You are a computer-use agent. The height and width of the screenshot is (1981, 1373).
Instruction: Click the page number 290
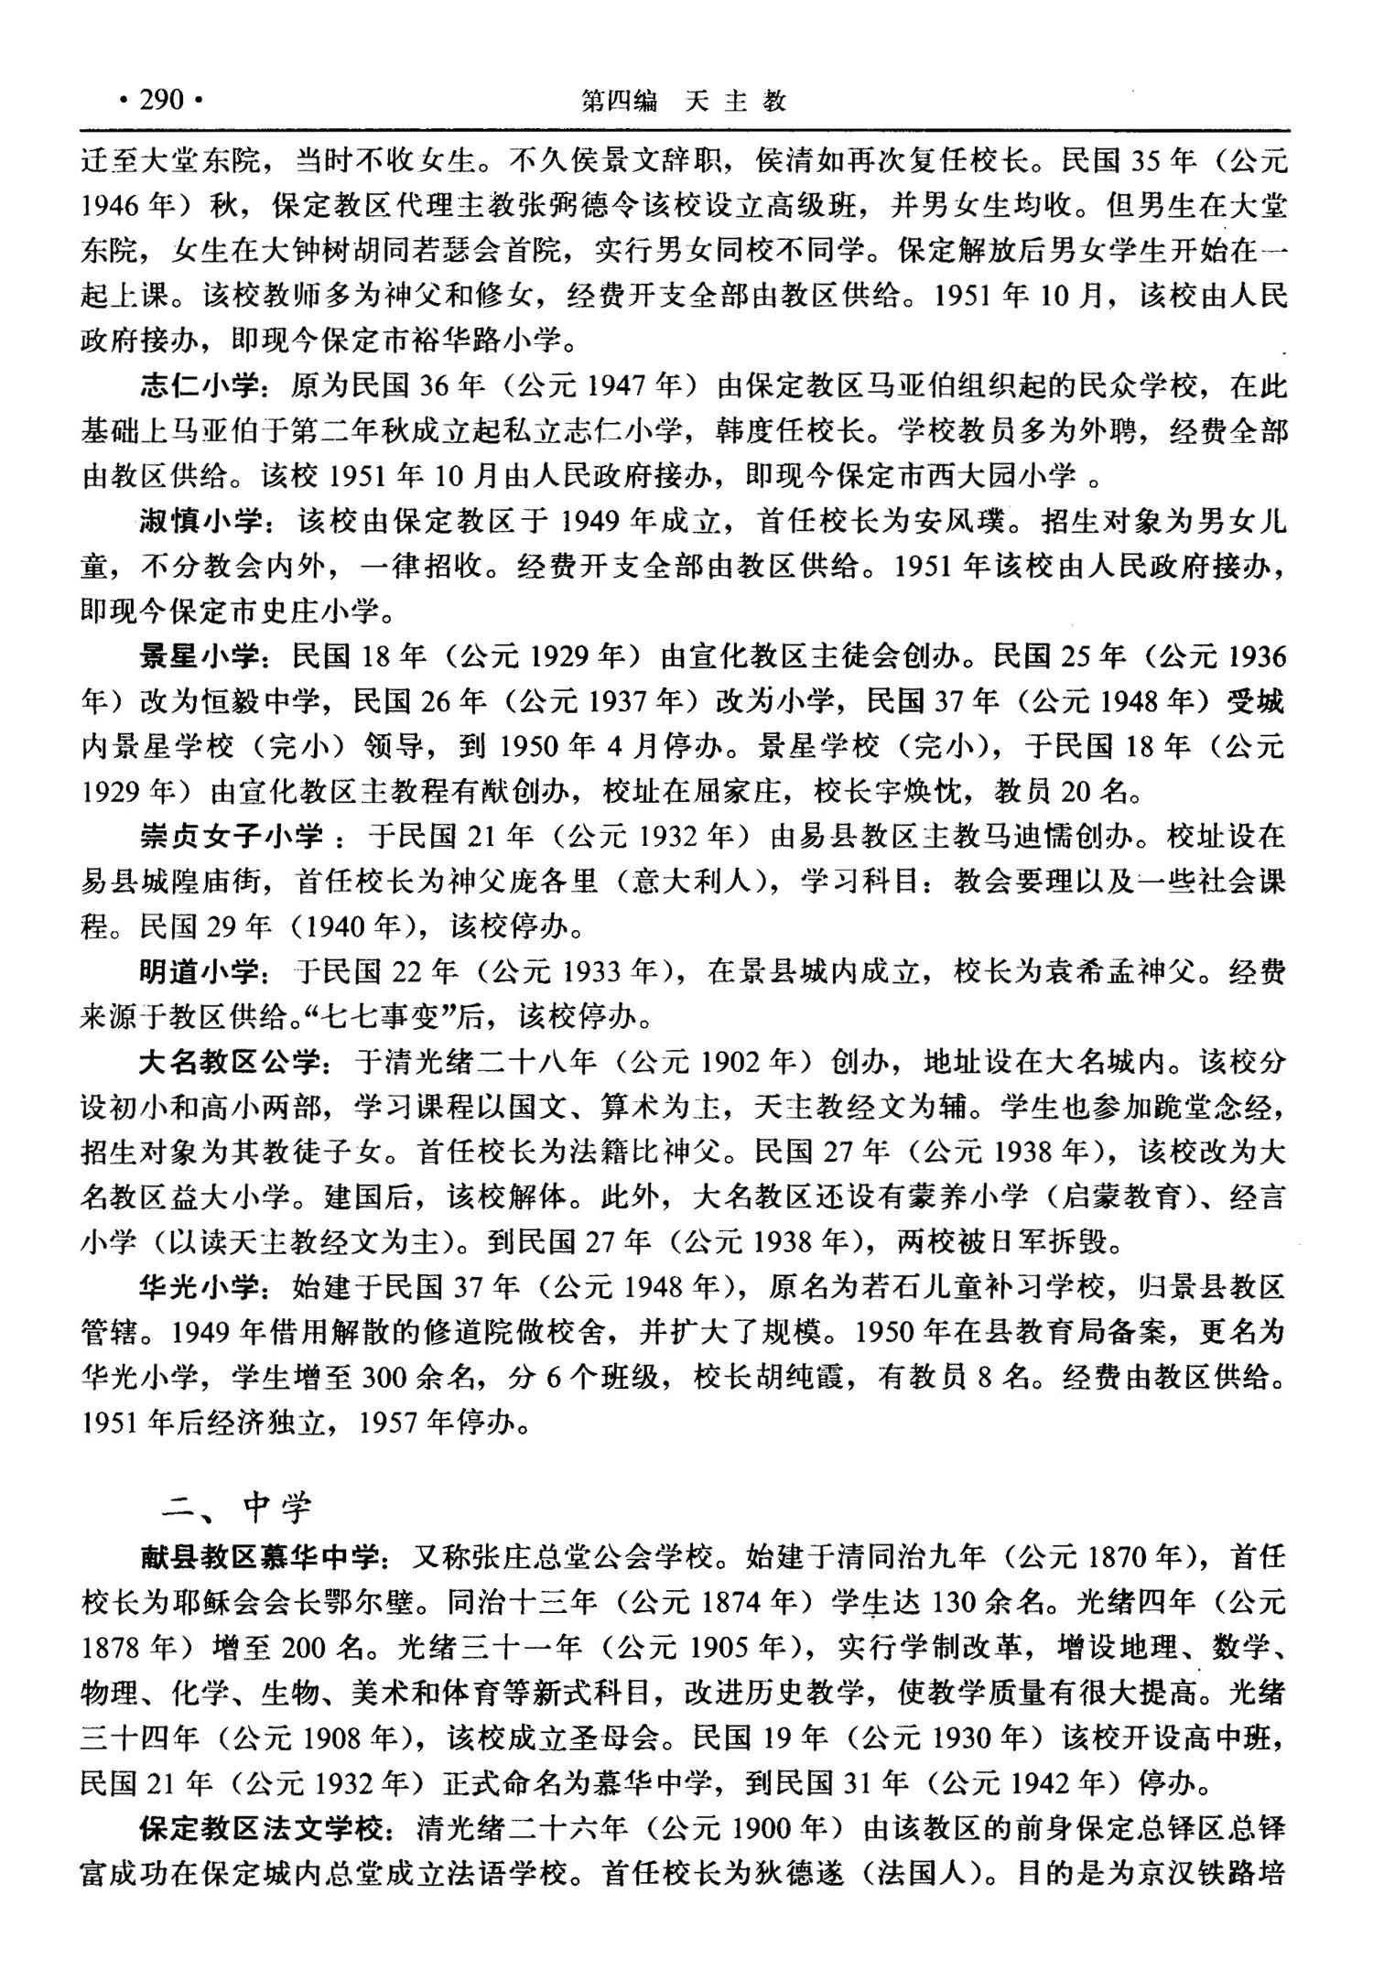(162, 99)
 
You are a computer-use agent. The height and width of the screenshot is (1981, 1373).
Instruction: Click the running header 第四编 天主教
(684, 100)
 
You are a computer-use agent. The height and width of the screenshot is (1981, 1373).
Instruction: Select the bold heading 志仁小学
(199, 386)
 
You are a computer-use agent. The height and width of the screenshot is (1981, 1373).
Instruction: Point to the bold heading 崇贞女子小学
(231, 836)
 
